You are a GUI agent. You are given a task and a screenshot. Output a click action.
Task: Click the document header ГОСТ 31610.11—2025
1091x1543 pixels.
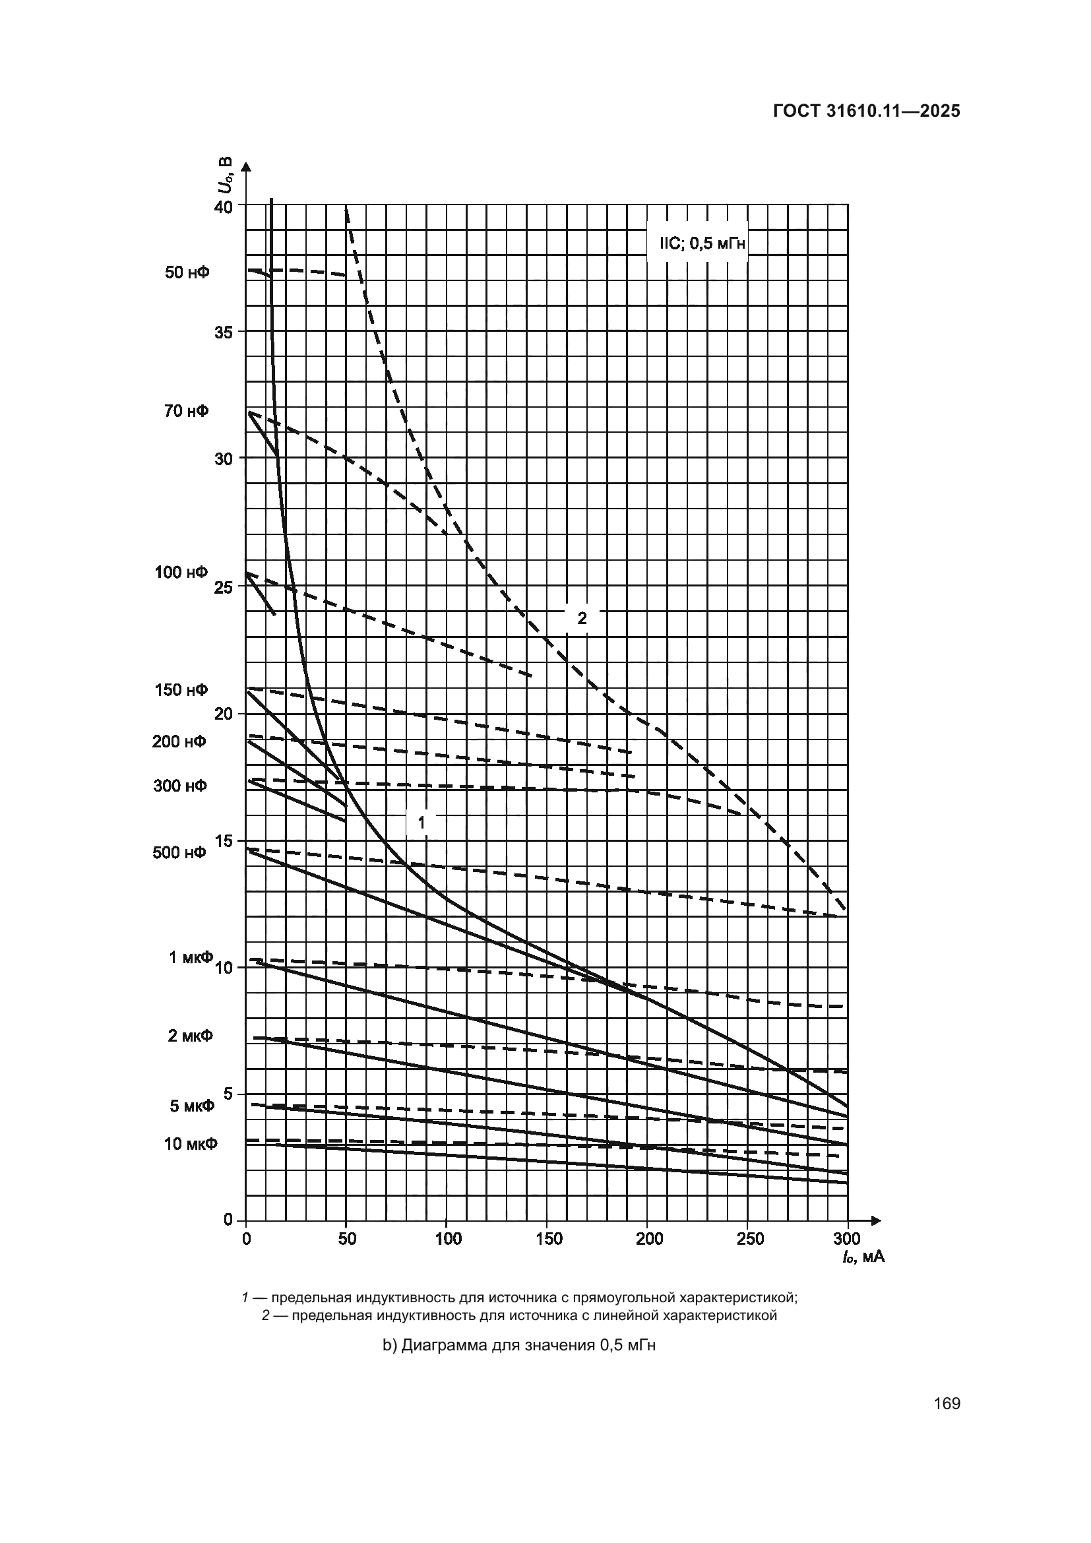point(867,111)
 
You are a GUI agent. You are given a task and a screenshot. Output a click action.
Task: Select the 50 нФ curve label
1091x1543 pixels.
point(187,273)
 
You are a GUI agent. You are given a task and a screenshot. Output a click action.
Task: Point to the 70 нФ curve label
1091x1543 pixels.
point(186,411)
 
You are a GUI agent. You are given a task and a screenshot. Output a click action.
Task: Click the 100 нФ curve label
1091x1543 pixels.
point(181,573)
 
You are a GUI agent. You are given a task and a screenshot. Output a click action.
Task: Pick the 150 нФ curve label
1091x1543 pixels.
point(181,690)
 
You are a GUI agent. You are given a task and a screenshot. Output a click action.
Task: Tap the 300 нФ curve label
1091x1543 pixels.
point(180,786)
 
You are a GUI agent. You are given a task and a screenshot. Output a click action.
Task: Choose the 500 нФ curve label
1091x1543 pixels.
point(179,853)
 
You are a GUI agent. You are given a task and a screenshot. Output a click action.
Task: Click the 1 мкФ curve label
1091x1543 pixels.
point(190,957)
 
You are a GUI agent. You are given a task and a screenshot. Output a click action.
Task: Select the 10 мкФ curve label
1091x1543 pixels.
point(191,1144)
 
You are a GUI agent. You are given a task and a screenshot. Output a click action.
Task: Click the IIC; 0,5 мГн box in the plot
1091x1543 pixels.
point(697,243)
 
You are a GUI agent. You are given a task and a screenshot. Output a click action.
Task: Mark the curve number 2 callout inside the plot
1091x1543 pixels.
point(582,618)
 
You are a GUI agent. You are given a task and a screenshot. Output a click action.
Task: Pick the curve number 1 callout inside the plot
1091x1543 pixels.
point(422,822)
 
